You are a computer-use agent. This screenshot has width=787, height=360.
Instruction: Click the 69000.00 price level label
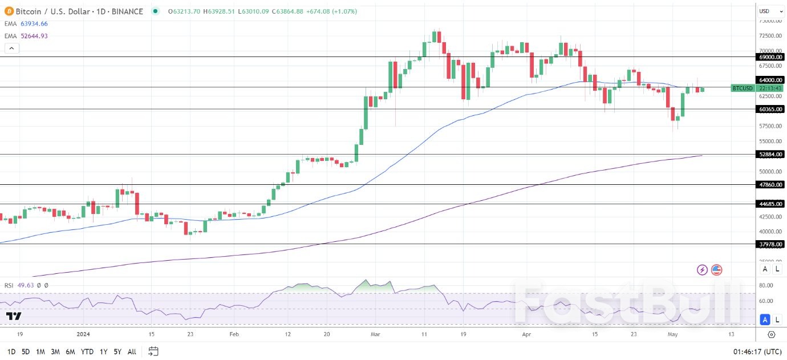(x=770, y=57)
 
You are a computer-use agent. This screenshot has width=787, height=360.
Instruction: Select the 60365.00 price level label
(x=770, y=109)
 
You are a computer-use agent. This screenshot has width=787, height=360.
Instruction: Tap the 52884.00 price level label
(x=770, y=154)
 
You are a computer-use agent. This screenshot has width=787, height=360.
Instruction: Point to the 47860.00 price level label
(x=770, y=185)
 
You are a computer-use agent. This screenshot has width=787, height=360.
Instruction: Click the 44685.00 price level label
(x=770, y=204)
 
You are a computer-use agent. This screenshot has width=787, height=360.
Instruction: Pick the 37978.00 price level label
(x=770, y=244)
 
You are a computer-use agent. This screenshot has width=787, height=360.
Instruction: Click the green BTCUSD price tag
(x=743, y=88)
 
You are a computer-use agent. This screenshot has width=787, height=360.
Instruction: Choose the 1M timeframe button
(x=40, y=351)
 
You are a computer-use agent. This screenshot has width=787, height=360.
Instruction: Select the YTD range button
(x=87, y=351)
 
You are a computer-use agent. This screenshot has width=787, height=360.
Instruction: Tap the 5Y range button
(x=117, y=351)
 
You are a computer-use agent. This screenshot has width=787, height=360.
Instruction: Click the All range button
(x=132, y=351)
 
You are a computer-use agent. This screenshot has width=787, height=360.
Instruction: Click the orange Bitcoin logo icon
(x=7, y=11)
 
